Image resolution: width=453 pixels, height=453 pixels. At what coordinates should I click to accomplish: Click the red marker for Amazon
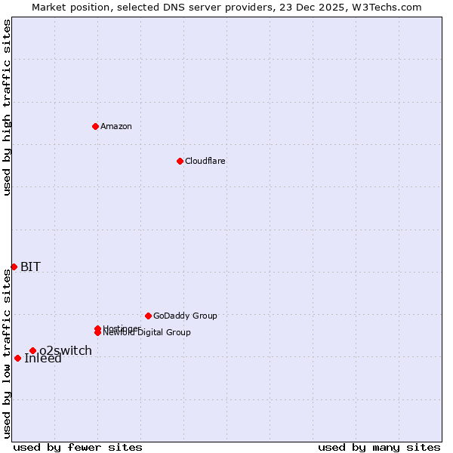pos(95,126)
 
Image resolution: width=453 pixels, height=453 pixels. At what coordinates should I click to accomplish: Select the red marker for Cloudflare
pos(180,161)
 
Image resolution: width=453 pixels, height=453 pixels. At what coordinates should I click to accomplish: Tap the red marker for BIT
pos(14,267)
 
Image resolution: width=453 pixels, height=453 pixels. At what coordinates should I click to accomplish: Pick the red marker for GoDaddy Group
pos(148,316)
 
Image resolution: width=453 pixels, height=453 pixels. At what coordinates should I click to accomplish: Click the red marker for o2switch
pos(32,350)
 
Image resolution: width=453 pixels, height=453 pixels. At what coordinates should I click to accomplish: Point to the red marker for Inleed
pos(17,358)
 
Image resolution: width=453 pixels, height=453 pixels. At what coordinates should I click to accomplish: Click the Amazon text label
pos(116,126)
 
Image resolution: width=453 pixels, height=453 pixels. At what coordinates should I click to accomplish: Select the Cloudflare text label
pos(205,161)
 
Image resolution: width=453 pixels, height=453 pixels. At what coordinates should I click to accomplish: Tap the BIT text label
pos(30,267)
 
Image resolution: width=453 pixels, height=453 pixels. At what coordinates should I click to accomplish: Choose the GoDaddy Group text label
pos(185,316)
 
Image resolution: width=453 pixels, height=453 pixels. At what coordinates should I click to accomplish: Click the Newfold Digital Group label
pos(148,333)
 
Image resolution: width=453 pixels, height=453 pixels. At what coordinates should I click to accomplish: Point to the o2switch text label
pos(66,350)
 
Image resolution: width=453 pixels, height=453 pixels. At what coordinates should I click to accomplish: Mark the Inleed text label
pos(43,359)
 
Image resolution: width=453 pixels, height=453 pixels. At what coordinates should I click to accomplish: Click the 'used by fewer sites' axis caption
pos(78,447)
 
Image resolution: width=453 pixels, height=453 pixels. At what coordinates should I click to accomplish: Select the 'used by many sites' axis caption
pos(379,447)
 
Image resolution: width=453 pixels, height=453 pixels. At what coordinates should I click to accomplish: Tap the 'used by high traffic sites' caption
pos(7,107)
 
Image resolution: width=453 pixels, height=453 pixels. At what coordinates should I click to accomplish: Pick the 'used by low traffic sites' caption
pos(7,354)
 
